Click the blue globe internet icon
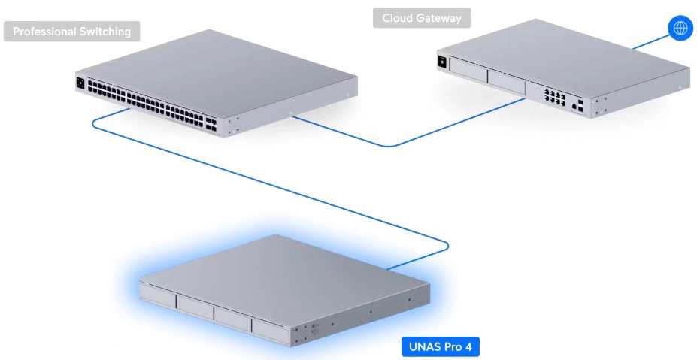point(680,29)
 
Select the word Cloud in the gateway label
point(397,17)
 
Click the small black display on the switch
point(80,83)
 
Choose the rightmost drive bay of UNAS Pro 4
point(269,328)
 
